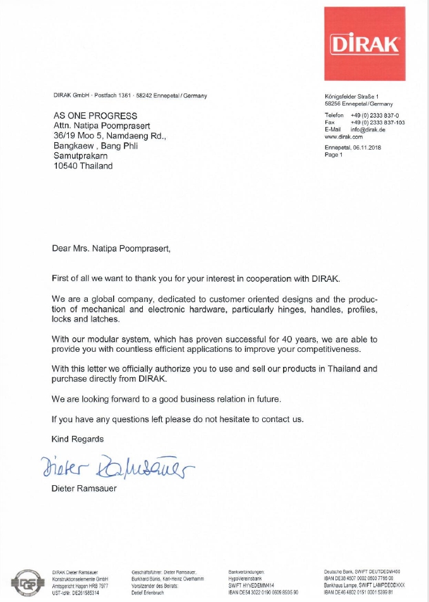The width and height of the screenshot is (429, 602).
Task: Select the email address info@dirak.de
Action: tap(372, 129)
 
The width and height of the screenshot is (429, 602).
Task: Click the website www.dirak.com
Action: tap(343, 136)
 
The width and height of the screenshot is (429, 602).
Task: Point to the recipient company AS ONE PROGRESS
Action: tap(95, 116)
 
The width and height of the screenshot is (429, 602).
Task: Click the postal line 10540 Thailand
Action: tap(83, 166)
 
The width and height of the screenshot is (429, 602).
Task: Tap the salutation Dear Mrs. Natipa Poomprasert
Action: tap(111, 249)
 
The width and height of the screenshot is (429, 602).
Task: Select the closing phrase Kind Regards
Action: tap(78, 438)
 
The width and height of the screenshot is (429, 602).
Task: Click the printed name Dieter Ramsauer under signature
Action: tap(84, 488)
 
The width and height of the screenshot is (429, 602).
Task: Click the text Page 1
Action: tap(333, 154)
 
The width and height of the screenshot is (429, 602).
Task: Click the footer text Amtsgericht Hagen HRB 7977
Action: tap(81, 586)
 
